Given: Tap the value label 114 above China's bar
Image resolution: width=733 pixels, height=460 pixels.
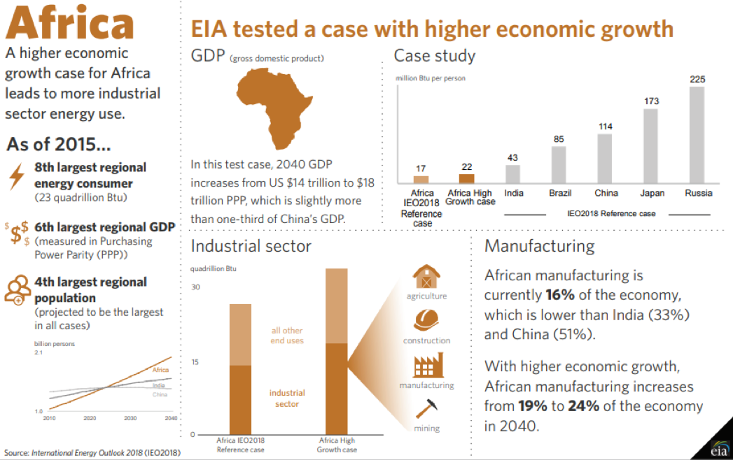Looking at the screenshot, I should pos(605,127).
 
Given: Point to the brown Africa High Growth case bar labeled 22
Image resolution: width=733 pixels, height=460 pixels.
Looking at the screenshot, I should pos(466,178).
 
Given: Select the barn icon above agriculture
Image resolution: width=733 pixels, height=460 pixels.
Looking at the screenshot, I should pos(426,276).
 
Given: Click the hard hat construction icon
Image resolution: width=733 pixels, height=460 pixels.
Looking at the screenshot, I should pos(426,320).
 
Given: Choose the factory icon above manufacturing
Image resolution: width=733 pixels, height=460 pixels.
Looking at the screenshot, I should pos(426,366).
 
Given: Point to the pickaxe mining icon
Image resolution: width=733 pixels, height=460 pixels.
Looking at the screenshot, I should pos(426,409).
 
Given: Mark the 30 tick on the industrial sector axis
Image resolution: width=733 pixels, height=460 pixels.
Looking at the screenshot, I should pos(196,287).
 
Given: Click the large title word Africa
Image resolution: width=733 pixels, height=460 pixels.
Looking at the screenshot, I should pos(70,24).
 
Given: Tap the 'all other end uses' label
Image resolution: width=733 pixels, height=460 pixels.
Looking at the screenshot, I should pos(287,336).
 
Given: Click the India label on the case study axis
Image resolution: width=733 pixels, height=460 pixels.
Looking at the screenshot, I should pos(513,193).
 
